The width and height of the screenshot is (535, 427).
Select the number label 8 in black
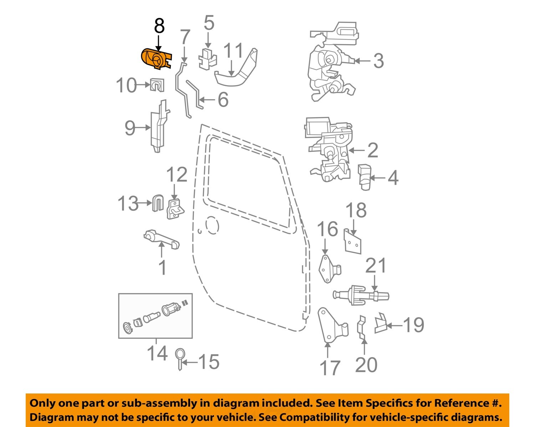(159, 26)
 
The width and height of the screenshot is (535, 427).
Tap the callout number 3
(378, 61)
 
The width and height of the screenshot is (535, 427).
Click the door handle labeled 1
(162, 240)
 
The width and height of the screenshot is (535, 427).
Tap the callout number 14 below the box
(157, 354)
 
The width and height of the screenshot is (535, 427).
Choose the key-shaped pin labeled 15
(180, 359)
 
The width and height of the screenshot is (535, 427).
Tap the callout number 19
(413, 325)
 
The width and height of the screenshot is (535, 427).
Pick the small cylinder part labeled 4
(364, 177)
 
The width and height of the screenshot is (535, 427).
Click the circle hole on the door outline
(212, 225)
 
